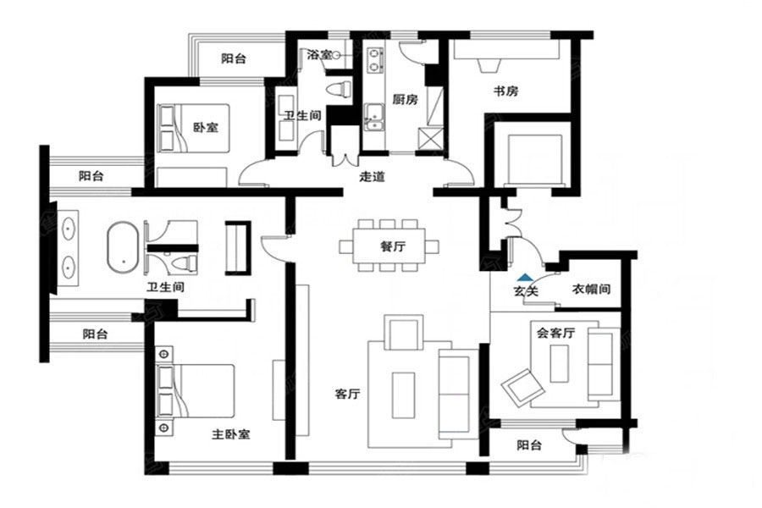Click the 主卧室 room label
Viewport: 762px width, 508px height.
231,434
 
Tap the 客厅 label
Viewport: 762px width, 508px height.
347,393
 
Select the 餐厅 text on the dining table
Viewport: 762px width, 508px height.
393,246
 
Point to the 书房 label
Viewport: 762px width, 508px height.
506,91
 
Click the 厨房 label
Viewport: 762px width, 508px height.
405,100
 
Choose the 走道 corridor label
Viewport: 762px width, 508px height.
373,176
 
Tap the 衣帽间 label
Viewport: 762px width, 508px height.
591,290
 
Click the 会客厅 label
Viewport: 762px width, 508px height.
556,333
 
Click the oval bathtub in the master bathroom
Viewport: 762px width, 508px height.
123,247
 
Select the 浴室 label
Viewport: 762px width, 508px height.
319,54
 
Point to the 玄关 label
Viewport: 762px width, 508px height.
526,291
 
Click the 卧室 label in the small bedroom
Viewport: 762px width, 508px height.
206,128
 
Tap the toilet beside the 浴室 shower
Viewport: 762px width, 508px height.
340,90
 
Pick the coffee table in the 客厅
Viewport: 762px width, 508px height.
403,395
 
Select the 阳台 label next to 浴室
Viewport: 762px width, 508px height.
234,58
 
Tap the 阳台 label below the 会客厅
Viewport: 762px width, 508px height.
529,444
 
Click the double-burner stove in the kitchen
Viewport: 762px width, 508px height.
374,60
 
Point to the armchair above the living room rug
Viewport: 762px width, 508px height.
403,333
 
